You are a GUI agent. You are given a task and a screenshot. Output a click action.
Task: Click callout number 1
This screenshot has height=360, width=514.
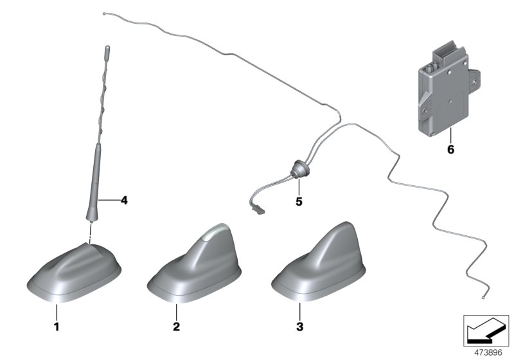pos(56,327)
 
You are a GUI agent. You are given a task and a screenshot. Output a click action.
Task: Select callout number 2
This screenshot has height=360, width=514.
pos(176,327)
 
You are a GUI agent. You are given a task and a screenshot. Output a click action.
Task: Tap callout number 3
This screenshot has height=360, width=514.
pos(299,327)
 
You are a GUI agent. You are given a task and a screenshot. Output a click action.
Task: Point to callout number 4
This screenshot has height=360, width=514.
pos(124,200)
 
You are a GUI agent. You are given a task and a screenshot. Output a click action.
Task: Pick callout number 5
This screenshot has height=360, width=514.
pos(299,201)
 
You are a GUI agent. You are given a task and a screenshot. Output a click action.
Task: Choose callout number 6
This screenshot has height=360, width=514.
pos(450,150)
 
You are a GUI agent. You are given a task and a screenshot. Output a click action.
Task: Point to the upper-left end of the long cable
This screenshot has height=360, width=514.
pos(104,12)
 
